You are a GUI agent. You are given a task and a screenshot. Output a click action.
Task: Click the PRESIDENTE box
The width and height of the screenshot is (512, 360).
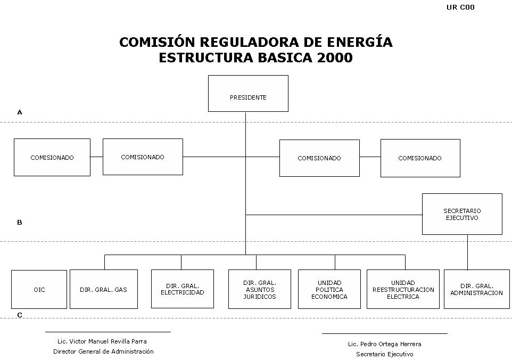click(x=248, y=93)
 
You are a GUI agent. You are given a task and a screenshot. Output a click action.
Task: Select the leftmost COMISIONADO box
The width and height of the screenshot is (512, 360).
click(x=52, y=158)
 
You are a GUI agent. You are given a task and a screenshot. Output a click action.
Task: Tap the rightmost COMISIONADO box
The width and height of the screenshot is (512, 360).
click(x=420, y=158)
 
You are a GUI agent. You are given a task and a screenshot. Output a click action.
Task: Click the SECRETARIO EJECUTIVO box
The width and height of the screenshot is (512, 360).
click(x=462, y=214)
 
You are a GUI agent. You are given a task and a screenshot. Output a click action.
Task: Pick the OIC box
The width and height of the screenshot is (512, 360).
click(x=39, y=289)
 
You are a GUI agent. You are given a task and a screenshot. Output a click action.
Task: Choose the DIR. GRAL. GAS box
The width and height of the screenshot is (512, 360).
click(x=103, y=289)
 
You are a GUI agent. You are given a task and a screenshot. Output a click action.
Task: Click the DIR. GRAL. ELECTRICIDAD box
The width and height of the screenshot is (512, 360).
click(x=182, y=289)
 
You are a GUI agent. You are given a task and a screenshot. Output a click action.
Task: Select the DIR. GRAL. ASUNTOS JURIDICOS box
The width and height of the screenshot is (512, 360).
click(x=260, y=289)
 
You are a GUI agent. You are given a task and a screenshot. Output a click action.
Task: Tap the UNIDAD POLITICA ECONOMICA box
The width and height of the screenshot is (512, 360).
click(x=329, y=289)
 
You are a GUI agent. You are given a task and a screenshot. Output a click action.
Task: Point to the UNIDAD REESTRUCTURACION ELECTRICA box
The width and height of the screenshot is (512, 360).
click(x=403, y=289)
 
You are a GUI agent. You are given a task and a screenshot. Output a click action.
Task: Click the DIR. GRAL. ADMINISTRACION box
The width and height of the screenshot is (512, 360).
click(x=477, y=289)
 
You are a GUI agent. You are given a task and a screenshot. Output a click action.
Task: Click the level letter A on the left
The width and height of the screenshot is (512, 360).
click(x=20, y=112)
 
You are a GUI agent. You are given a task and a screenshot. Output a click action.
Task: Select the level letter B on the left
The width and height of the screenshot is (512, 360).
click(x=20, y=223)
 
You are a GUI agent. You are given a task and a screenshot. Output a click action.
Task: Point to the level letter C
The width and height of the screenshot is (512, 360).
click(x=20, y=315)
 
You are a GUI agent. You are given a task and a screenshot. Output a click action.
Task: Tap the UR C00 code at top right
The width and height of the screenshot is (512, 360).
click(x=460, y=7)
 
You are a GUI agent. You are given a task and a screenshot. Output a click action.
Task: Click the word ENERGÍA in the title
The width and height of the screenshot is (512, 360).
click(x=359, y=42)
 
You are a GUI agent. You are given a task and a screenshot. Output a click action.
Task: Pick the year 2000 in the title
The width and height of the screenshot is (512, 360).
click(x=335, y=58)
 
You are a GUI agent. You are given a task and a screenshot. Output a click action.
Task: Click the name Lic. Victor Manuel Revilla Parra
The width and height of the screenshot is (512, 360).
click(x=102, y=341)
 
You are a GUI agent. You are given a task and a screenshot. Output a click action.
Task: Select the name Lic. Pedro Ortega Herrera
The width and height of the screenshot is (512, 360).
click(x=385, y=344)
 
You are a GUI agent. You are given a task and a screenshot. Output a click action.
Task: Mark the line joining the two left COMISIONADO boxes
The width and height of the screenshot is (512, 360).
click(x=97, y=157)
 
